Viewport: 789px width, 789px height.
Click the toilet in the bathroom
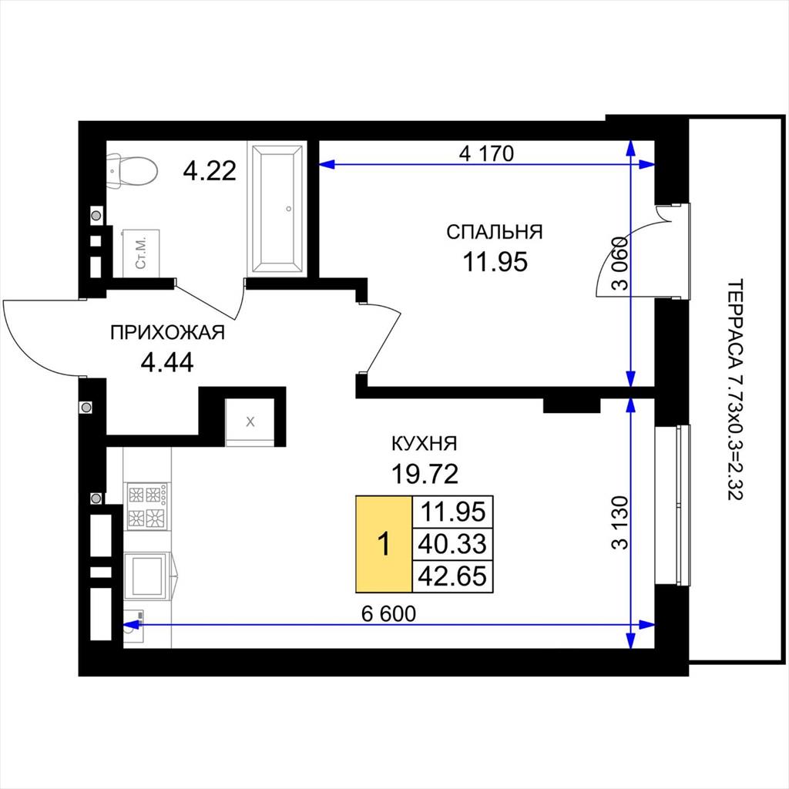[x=132, y=171]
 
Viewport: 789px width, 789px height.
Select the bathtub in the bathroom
[x=277, y=209]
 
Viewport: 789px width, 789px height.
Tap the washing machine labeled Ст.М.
[x=142, y=253]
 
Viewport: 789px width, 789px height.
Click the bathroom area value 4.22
[x=210, y=170]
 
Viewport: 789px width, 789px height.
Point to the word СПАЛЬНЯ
[x=495, y=232]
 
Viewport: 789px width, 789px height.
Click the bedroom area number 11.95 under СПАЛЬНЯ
[x=495, y=262]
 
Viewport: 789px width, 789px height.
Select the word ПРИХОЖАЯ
[x=167, y=333]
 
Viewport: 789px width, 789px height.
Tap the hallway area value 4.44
[x=167, y=362]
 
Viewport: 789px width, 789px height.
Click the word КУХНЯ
[x=425, y=444]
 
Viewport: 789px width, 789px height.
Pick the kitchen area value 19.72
[x=425, y=474]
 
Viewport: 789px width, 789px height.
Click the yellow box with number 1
[x=384, y=544]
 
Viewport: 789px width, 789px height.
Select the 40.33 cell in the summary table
[x=452, y=544]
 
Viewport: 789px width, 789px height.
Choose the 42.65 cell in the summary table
[x=452, y=576]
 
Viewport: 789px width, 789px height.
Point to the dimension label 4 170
[x=486, y=153]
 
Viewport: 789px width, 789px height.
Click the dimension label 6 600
[x=389, y=613]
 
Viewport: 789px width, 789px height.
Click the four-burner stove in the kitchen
[x=147, y=505]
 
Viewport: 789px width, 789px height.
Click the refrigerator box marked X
[x=250, y=421]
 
